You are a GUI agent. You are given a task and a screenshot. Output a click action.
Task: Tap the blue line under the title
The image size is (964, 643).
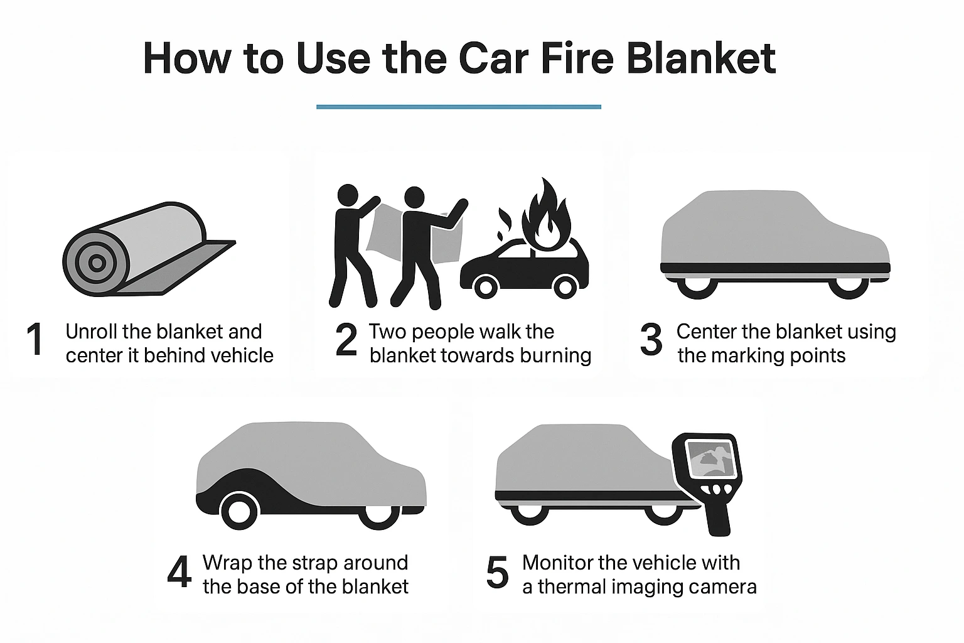tap(458, 107)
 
